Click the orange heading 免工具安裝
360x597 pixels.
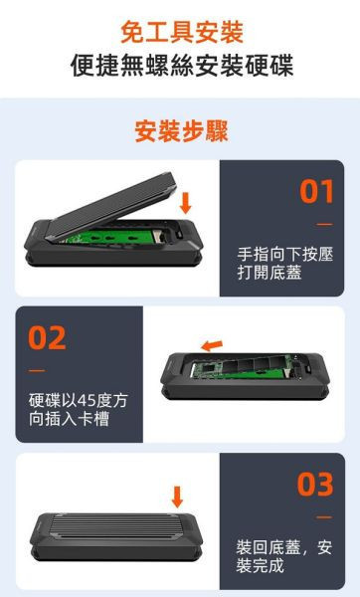coord(180,30)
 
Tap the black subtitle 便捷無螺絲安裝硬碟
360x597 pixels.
coord(180,67)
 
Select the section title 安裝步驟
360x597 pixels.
coord(180,131)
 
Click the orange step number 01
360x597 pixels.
coord(316,192)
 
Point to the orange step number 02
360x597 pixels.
coord(47,338)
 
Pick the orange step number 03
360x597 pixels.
coord(316,485)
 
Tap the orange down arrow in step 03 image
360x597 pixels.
coord(177,496)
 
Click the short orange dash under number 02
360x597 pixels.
coord(37,370)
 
